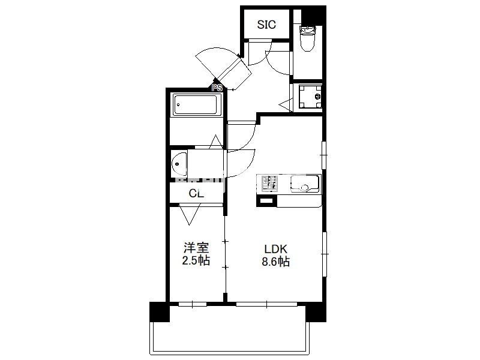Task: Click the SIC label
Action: click(x=266, y=25)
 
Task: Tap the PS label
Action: click(x=217, y=88)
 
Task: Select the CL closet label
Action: click(x=196, y=193)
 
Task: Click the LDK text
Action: click(x=275, y=249)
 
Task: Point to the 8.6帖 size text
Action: click(x=275, y=262)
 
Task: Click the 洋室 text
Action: click(x=196, y=247)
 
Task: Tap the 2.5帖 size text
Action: click(x=196, y=260)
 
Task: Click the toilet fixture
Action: click(x=307, y=38)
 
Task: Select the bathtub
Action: click(x=197, y=104)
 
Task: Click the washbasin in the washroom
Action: click(x=179, y=164)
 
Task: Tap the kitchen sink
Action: click(x=305, y=184)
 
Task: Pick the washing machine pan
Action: click(x=310, y=97)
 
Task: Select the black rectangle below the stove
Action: click(x=266, y=201)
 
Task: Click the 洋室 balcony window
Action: click(x=193, y=304)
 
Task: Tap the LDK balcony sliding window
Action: click(x=266, y=304)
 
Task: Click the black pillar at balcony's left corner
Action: click(x=160, y=312)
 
